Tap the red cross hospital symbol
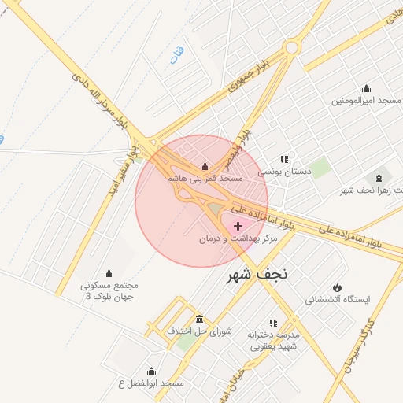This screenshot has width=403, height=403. [238, 226]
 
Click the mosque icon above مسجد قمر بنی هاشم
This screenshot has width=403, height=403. [205, 167]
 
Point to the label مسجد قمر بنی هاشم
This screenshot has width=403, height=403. [205, 179]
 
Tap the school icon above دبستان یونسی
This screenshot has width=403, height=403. [284, 159]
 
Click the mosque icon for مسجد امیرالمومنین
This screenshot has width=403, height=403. [365, 88]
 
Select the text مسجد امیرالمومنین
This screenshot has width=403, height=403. [366, 101]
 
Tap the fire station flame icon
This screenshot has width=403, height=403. [338, 287]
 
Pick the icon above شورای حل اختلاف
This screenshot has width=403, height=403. [199, 319]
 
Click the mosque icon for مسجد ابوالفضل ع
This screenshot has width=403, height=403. [151, 371]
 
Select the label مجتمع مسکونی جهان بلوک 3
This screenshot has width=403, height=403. [109, 290]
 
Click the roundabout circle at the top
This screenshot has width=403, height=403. [291, 47]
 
